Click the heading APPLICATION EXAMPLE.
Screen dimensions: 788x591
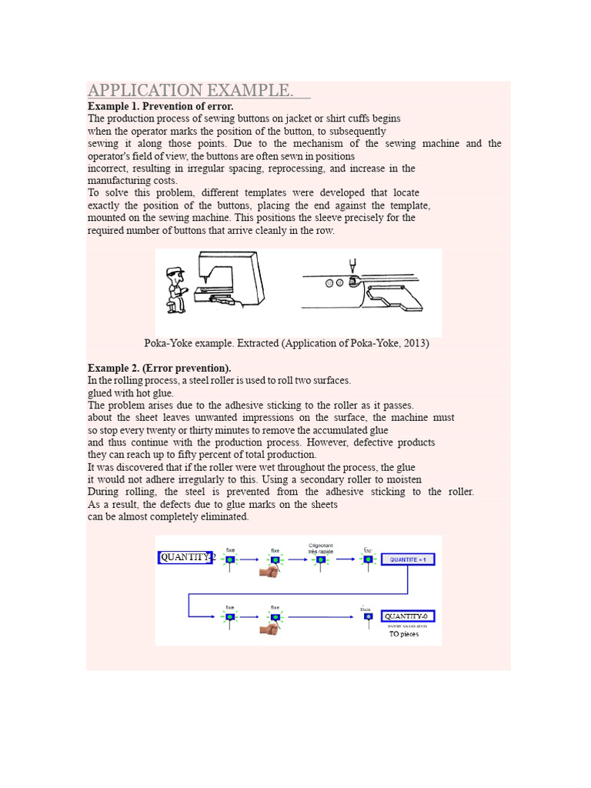point(191,91)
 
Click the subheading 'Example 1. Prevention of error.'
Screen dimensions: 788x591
point(160,106)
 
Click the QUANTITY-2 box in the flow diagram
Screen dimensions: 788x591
point(185,558)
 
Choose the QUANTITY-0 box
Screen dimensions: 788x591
point(409,616)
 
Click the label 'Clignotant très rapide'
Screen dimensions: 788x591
point(320,547)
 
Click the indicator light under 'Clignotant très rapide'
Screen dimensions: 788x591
point(320,559)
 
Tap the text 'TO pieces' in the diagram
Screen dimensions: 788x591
point(404,634)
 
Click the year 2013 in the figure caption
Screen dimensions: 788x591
point(412,344)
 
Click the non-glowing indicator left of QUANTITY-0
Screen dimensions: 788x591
point(368,617)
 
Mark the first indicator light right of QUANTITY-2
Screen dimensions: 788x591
point(229,559)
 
